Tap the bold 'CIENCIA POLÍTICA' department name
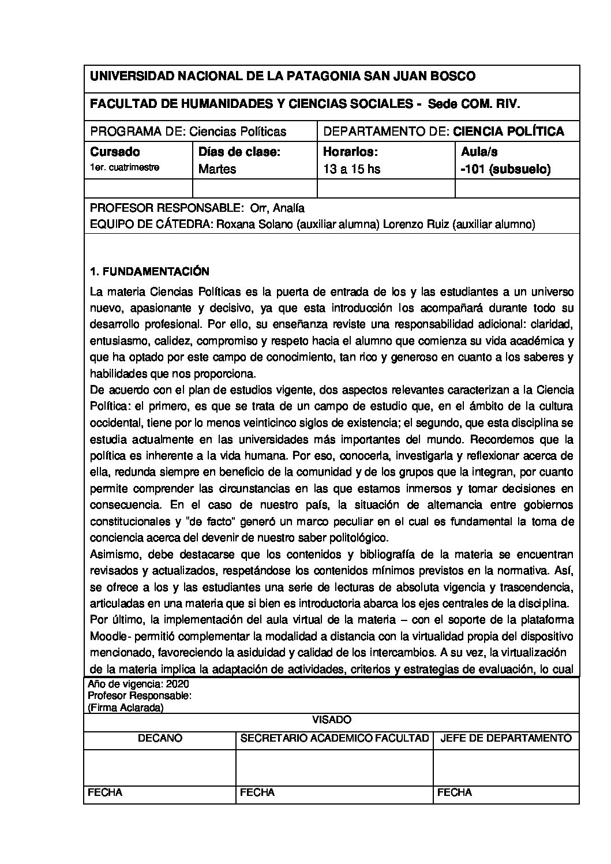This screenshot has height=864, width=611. (508, 132)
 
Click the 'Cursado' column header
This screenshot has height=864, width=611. (115, 152)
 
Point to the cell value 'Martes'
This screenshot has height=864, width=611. (217, 170)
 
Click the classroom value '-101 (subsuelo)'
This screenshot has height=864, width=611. (506, 170)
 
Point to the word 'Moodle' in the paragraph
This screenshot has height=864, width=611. (107, 637)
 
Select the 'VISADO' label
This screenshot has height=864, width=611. (331, 720)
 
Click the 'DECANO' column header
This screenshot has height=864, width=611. (160, 738)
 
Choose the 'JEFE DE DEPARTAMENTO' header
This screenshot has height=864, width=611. (505, 738)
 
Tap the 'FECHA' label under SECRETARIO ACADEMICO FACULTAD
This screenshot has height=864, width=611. (257, 792)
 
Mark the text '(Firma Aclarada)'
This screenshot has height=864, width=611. (125, 708)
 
